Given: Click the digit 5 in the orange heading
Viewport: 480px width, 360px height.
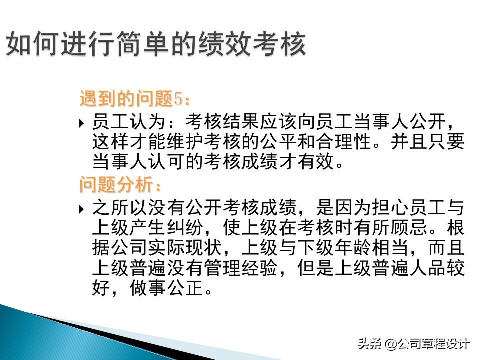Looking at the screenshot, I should pyautogui.click(x=178, y=99).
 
